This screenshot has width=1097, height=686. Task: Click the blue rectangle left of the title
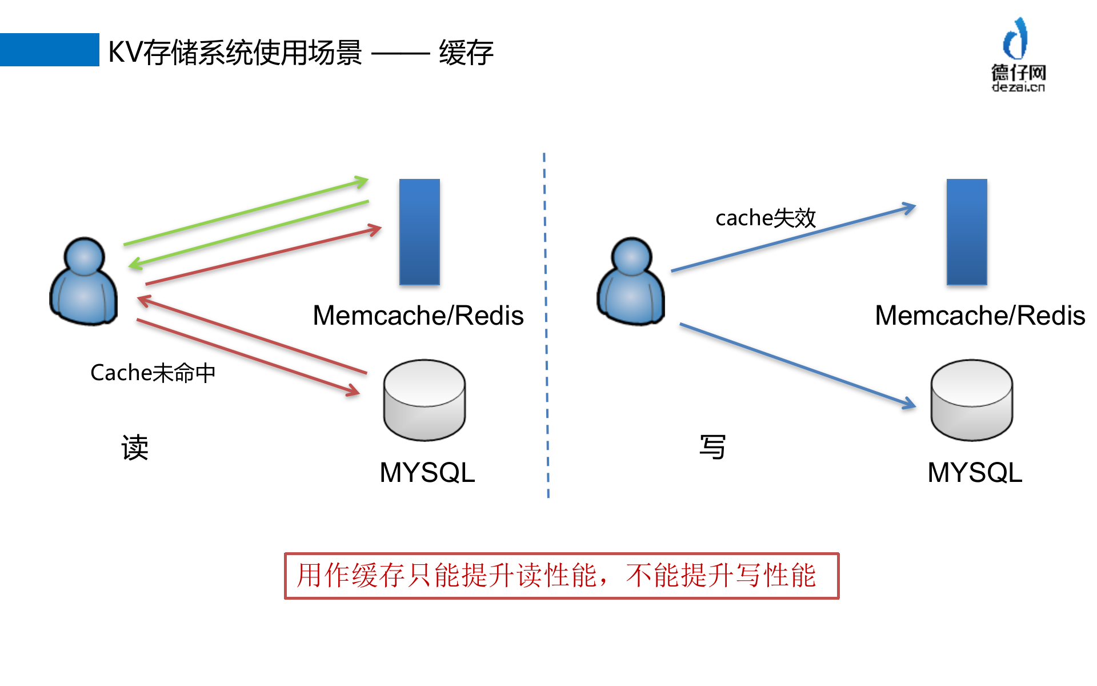click(49, 50)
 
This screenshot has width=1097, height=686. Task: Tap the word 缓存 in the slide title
click(466, 53)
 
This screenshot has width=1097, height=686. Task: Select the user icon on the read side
click(84, 282)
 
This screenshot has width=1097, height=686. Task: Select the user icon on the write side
click(631, 282)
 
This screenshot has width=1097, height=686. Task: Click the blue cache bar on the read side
click(419, 232)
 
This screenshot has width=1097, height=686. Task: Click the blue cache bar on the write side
click(967, 232)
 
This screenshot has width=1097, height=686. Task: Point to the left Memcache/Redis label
click(418, 316)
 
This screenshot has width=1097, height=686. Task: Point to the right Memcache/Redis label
click(979, 316)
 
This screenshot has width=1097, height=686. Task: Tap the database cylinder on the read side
click(424, 400)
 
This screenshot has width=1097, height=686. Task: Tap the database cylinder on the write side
click(971, 400)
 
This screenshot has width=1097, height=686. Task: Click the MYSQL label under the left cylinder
click(427, 473)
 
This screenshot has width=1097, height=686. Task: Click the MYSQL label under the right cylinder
click(975, 473)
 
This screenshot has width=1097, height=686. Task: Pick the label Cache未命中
click(153, 373)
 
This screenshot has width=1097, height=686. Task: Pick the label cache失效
click(765, 218)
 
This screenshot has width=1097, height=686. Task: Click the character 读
click(135, 447)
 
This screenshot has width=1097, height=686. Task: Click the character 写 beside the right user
click(712, 447)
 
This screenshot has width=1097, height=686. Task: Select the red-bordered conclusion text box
click(561, 576)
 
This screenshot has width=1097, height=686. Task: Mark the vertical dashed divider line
click(546, 326)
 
